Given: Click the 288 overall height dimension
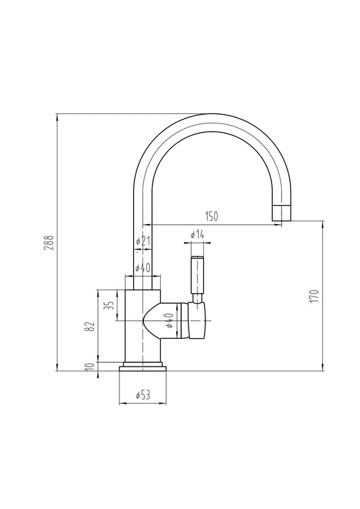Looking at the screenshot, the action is click(49, 242).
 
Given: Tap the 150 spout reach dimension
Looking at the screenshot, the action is click(211, 216).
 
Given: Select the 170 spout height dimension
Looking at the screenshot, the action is click(315, 296).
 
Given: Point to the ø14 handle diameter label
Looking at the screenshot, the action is click(197, 235).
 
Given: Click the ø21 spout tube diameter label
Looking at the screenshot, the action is click(143, 241).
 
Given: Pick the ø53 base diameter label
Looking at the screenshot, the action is click(143, 396).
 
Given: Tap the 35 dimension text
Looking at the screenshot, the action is click(110, 305).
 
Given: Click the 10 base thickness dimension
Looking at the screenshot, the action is click(91, 367).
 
